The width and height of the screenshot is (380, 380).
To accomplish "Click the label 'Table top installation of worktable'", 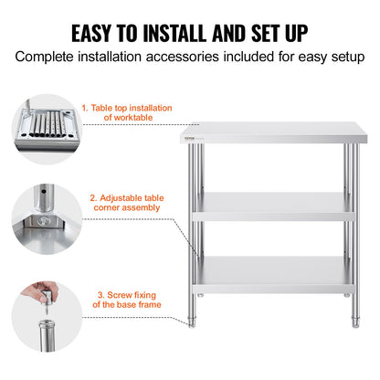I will [x=127, y=113].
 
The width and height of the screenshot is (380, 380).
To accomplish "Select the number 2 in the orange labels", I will [x=92, y=196].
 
